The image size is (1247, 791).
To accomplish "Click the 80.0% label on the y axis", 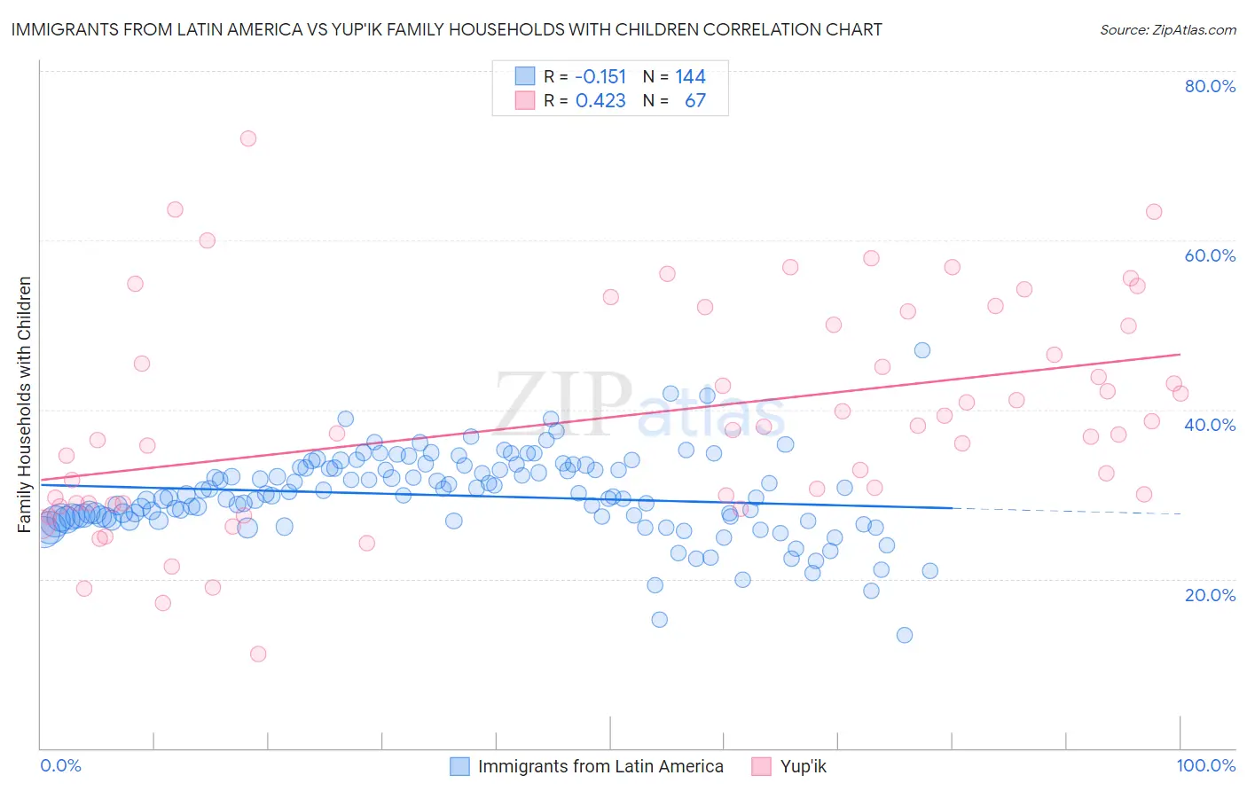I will [x=1210, y=86].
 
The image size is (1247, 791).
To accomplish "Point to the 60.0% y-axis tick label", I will [x=1210, y=255].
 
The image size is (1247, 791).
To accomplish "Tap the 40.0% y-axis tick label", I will [x=1210, y=425].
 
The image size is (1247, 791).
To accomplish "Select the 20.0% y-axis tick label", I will [x=1210, y=595].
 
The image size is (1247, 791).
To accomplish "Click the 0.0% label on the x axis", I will [x=60, y=765].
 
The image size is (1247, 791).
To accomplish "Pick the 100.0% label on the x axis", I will [x=1205, y=765].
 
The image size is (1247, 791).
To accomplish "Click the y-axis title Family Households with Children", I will [x=24, y=404].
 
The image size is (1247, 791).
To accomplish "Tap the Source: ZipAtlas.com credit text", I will [x=1167, y=29].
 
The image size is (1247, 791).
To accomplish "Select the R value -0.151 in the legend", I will [x=600, y=77].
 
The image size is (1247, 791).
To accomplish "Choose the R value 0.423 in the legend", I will [x=600, y=101].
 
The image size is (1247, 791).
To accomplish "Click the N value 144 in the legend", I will [x=690, y=77].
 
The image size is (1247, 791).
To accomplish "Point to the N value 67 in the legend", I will [x=695, y=101].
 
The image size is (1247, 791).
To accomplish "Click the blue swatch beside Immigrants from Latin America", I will [x=459, y=766].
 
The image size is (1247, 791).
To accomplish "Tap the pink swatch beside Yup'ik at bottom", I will [x=761, y=766].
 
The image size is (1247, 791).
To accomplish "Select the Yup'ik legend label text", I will [x=803, y=766].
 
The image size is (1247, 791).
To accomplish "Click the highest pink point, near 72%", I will [x=248, y=138].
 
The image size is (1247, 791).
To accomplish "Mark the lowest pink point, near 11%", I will [x=258, y=654].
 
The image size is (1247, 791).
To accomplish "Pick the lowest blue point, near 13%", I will [x=905, y=635].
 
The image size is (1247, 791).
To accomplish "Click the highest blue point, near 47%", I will [x=922, y=350].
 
